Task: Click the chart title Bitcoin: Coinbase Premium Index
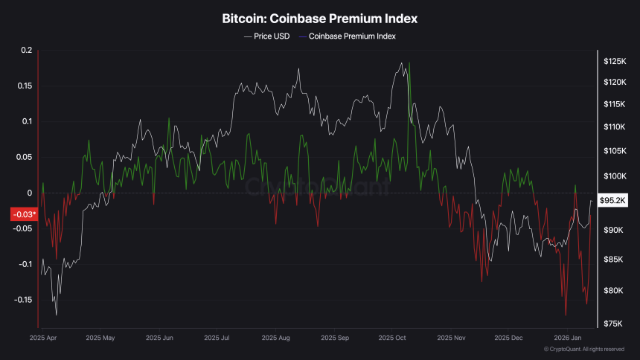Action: pos(319,17)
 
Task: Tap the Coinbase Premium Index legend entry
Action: pos(348,36)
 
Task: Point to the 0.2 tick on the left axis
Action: pos(28,51)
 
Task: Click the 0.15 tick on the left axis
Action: pos(25,86)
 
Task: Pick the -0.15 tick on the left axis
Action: pos(24,300)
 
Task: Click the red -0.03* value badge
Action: pos(22,215)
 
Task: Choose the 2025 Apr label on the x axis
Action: pos(44,338)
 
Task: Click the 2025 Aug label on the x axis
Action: pos(276,338)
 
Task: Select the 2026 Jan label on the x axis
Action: pos(567,338)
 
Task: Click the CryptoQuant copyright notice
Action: pos(583,349)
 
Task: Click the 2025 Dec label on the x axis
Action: pos(509,338)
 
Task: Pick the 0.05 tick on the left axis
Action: pos(25,157)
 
